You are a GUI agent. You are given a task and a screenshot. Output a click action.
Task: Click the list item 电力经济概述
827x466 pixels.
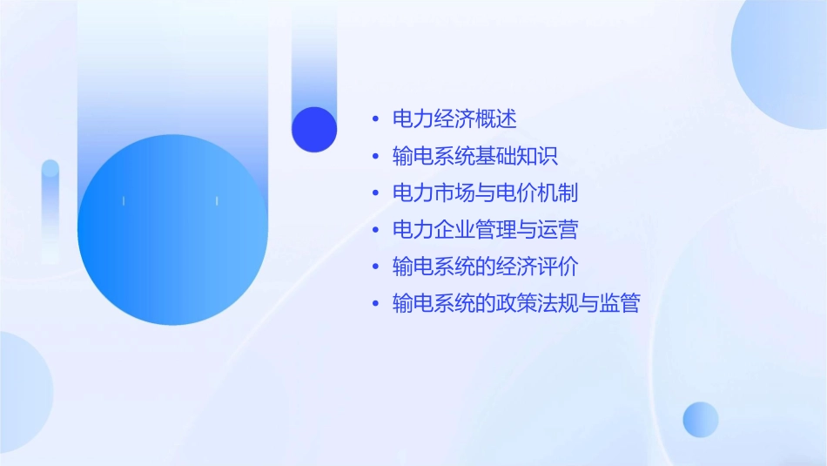click(454, 119)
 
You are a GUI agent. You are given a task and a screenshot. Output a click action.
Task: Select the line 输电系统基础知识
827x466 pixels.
click(474, 156)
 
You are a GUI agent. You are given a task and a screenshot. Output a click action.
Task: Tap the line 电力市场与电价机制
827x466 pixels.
click(485, 192)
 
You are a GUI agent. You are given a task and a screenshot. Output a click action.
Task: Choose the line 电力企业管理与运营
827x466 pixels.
click(485, 230)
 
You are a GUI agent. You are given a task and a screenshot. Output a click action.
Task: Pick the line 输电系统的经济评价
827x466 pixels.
click(485, 267)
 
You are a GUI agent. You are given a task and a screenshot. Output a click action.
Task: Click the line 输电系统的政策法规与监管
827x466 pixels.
click(515, 303)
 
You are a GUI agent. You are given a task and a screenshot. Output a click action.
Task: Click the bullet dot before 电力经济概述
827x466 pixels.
click(375, 120)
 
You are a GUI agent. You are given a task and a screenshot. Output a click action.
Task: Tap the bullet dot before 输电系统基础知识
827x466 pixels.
click(375, 157)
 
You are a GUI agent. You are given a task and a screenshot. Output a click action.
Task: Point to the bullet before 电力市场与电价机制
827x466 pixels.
click(375, 193)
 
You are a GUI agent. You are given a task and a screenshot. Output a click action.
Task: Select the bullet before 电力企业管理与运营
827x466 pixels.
click(375, 231)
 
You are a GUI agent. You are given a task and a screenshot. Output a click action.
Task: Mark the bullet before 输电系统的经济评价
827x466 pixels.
click(375, 267)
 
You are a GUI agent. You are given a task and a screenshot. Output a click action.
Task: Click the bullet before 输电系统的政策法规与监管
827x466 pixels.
click(375, 304)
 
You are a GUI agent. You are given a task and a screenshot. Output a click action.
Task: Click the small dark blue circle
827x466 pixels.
click(314, 129)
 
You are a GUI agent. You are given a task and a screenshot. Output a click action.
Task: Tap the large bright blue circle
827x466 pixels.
click(172, 230)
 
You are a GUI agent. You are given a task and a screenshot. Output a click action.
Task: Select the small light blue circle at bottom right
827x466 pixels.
click(701, 419)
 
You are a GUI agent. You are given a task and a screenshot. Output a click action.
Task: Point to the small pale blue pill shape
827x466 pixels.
click(50, 209)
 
